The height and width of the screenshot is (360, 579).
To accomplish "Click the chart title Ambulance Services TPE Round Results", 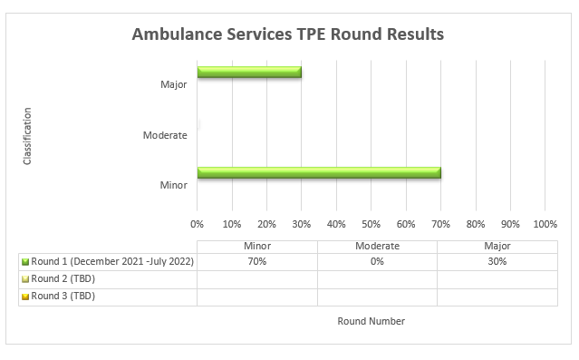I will click(x=288, y=35).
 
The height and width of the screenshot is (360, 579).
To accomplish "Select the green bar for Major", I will click(x=249, y=72).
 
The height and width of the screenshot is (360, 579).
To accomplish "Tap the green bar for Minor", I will click(x=319, y=172).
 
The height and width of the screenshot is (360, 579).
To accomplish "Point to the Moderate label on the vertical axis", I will click(x=165, y=136).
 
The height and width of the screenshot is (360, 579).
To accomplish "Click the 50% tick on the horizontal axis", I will click(x=372, y=223).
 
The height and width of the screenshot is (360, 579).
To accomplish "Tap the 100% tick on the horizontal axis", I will click(x=545, y=223).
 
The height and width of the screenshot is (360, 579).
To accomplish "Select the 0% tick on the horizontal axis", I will click(x=198, y=223).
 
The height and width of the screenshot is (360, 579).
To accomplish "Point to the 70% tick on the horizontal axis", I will click(x=441, y=223).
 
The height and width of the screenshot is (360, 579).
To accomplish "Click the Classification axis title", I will click(x=27, y=136).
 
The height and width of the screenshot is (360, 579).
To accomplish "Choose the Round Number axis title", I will click(x=371, y=321).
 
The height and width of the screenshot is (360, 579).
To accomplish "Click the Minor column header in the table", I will click(x=257, y=246).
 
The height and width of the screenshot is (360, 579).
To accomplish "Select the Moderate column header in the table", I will click(x=377, y=246).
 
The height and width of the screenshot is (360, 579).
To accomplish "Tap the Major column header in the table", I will click(x=497, y=246).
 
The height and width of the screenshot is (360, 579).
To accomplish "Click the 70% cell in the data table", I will click(x=257, y=261).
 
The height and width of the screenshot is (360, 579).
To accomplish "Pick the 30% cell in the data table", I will click(x=497, y=261).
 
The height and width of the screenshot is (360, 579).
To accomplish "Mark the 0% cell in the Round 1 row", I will click(x=377, y=261).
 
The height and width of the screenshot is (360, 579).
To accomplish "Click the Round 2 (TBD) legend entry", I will click(x=63, y=278).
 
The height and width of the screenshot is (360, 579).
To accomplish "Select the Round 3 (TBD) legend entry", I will click(x=63, y=296).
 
